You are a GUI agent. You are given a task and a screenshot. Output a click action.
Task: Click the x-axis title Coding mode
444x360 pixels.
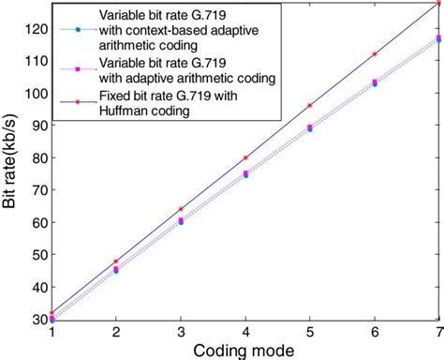pyautogui.click(x=245, y=349)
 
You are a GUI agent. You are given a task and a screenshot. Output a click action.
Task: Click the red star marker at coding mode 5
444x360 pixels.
pyautogui.click(x=310, y=105)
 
